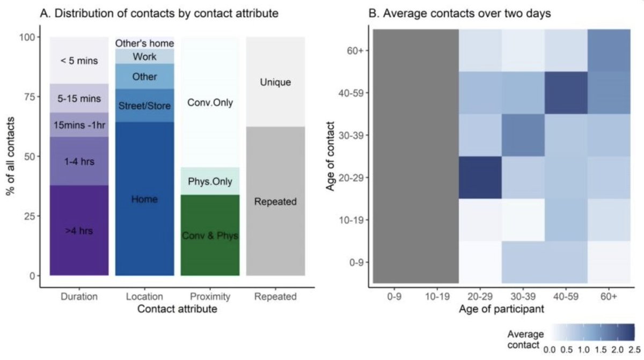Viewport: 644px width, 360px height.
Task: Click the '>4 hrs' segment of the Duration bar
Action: point(79,231)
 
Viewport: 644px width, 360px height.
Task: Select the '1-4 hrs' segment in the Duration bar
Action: point(79,161)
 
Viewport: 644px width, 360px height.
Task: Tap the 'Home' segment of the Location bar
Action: point(144,199)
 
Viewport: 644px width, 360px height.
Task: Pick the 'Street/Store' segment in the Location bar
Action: point(144,105)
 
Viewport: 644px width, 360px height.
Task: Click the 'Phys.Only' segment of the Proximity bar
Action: point(210,181)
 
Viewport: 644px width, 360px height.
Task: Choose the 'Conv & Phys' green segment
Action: point(210,235)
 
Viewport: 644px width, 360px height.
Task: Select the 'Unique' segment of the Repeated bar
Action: point(275,82)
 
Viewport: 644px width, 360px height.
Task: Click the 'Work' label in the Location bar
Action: point(144,56)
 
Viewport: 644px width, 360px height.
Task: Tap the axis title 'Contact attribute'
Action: point(177,310)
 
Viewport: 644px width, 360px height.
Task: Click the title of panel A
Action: point(159,13)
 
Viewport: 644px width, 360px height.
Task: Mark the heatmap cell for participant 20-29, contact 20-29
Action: point(480,177)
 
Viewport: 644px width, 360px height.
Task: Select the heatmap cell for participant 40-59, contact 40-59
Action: point(566,92)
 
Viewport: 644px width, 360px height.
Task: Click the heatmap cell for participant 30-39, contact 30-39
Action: point(523,135)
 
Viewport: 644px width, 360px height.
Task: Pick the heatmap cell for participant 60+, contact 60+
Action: point(609,50)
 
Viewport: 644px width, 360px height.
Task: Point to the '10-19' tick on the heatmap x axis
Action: point(437,296)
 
